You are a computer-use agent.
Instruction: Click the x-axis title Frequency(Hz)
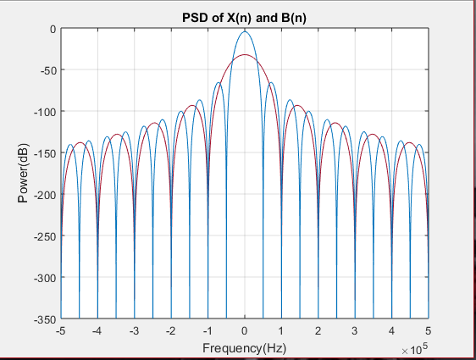pyautogui.click(x=244, y=347)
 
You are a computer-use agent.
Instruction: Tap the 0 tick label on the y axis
pyautogui.click(x=52, y=29)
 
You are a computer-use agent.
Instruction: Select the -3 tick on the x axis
pyautogui.click(x=134, y=330)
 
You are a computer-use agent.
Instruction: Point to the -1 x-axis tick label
pyautogui.click(x=207, y=330)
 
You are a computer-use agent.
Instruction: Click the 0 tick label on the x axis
pyautogui.click(x=245, y=330)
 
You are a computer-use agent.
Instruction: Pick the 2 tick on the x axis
pyautogui.click(x=318, y=330)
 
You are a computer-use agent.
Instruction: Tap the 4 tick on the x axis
pyautogui.click(x=391, y=330)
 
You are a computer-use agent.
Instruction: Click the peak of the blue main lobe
pyautogui.click(x=245, y=32)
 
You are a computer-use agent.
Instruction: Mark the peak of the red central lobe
pyautogui.click(x=245, y=55)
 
